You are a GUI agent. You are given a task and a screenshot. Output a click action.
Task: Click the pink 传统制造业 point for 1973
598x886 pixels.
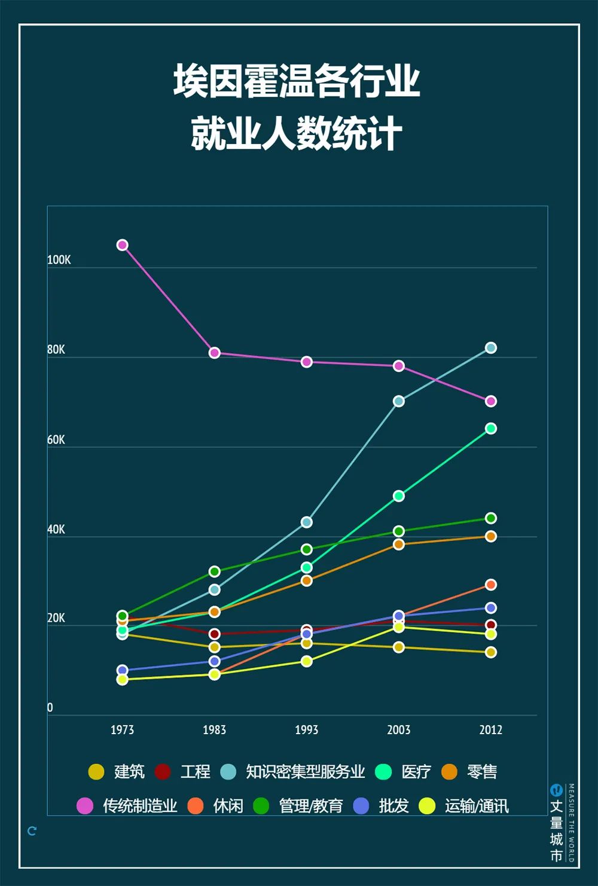123,245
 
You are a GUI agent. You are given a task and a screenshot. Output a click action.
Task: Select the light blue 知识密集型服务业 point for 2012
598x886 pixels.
491,348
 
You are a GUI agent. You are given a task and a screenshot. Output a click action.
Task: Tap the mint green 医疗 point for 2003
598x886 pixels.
399,496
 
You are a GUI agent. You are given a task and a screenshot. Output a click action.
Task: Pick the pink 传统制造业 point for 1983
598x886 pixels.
215,353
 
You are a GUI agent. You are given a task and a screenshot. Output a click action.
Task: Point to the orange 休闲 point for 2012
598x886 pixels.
491,585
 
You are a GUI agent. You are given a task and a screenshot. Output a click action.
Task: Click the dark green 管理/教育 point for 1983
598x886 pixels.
215,572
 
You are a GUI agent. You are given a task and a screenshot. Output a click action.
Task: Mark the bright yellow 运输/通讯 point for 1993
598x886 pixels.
307,661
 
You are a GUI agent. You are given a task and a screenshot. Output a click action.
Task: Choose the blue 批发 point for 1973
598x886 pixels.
123,670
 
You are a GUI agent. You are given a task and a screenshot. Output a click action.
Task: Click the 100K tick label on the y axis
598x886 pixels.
59,260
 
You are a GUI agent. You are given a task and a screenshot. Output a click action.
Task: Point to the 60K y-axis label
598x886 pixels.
56,440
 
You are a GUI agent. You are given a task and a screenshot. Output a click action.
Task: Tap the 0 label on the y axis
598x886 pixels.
50,708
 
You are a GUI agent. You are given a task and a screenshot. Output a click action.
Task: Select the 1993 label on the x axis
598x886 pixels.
307,730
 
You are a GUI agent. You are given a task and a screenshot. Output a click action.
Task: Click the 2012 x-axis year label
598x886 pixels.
491,730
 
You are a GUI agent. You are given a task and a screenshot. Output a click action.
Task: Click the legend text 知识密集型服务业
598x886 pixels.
306,772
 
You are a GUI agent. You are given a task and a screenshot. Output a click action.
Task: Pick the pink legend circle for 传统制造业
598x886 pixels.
85,806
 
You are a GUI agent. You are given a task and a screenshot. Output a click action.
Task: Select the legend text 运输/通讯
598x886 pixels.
477,806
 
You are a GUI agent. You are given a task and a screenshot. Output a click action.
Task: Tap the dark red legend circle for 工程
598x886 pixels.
163,772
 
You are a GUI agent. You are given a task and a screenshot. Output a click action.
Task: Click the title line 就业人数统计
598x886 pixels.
297,133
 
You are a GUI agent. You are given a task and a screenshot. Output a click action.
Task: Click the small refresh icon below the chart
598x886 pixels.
32,831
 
